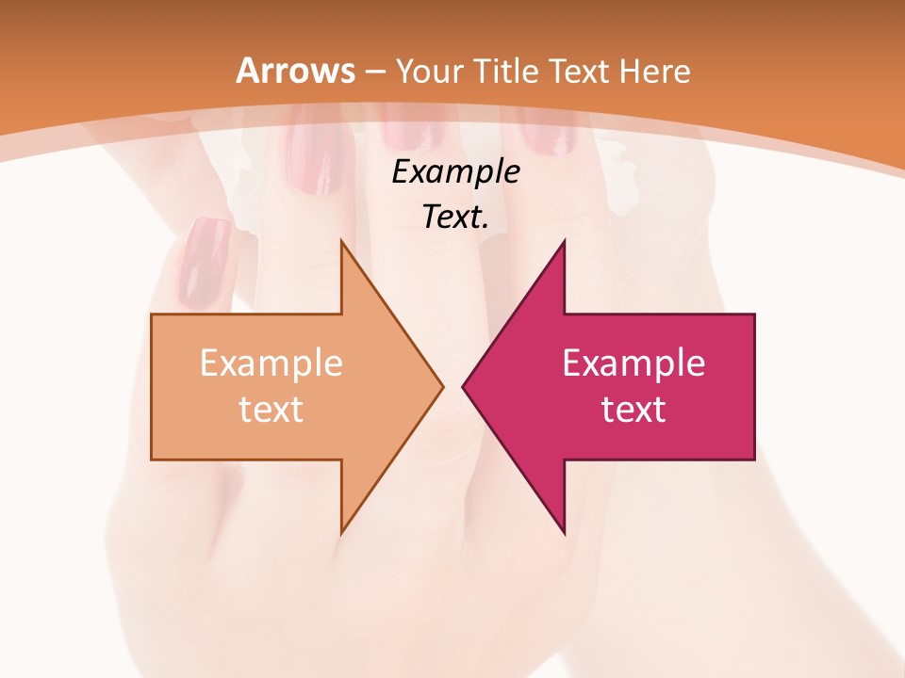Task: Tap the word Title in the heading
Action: click(506, 72)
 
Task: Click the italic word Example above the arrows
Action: click(456, 172)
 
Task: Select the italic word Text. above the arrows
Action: click(456, 218)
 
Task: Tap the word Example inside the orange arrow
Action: click(271, 363)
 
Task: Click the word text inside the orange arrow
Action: click(271, 410)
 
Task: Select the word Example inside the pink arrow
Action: click(633, 363)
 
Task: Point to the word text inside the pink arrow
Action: click(633, 410)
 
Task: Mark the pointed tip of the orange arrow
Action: click(441, 386)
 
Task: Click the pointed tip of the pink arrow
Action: click(464, 386)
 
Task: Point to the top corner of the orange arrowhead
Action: click(342, 241)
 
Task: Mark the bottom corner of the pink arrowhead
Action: click(564, 532)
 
